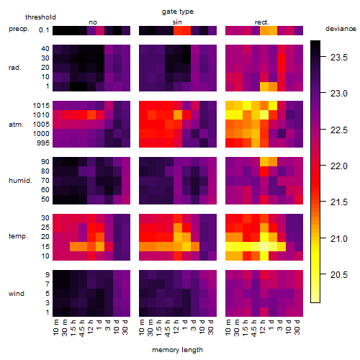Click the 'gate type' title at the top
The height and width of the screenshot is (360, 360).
pyautogui.click(x=178, y=12)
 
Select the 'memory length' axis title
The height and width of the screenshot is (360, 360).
pyautogui.click(x=177, y=350)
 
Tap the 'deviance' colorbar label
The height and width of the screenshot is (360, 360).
pyautogui.click(x=341, y=29)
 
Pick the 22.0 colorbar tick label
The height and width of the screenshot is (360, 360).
pyautogui.click(x=339, y=166)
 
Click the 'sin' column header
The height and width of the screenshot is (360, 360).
pyautogui.click(x=177, y=22)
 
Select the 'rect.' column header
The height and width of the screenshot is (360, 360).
pyautogui.click(x=261, y=22)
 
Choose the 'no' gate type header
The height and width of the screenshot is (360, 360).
pyautogui.click(x=93, y=22)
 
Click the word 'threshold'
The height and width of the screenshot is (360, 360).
pyautogui.click(x=40, y=17)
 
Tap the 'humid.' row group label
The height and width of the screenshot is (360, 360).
pyautogui.click(x=20, y=180)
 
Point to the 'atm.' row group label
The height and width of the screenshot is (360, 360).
pyautogui.click(x=16, y=125)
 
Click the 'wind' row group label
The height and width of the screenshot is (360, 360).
pyautogui.click(x=17, y=293)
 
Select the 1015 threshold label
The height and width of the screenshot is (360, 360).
pyautogui.click(x=41, y=106)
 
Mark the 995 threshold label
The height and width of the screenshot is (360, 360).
pyautogui.click(x=43, y=143)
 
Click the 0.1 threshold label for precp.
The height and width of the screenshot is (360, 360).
pyautogui.click(x=44, y=30)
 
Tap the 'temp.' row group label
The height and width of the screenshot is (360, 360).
pyautogui.click(x=18, y=236)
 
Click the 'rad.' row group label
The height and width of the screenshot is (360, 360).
pyautogui.click(x=15, y=68)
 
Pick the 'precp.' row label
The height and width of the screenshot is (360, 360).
pyautogui.click(x=19, y=29)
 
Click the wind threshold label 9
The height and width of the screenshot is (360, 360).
pyautogui.click(x=48, y=274)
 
